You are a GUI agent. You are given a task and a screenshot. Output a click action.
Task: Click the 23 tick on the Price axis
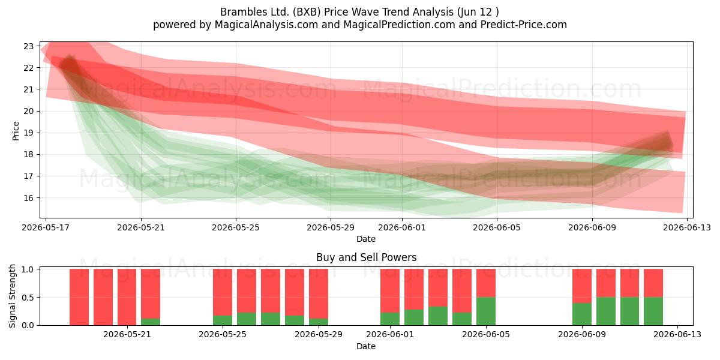point(29,46)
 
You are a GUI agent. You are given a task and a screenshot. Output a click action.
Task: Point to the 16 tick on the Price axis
point(29,197)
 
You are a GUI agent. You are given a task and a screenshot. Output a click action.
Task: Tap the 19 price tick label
point(29,133)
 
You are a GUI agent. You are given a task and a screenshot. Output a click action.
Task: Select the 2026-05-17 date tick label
point(46,227)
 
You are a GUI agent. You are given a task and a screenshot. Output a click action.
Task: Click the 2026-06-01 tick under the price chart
point(402,227)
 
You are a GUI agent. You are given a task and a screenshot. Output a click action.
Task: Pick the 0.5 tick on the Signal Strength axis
point(28,298)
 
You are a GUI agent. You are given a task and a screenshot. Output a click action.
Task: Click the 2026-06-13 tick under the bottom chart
point(677,334)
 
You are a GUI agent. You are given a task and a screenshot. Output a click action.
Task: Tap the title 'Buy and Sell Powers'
point(367,257)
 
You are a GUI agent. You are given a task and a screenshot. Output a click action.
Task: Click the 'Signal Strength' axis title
point(12,296)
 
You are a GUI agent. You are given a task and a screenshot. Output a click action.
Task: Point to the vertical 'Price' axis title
point(16,131)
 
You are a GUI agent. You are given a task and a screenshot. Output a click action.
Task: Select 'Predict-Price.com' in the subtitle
point(524,25)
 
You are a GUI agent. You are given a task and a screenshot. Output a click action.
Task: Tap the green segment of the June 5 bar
point(485,311)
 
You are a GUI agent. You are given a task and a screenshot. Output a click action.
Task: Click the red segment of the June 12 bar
point(653,283)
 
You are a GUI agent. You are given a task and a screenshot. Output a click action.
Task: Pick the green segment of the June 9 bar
point(582,314)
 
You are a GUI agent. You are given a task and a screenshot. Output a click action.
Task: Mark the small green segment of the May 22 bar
point(151,322)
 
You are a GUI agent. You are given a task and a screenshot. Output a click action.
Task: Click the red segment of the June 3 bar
point(438,287)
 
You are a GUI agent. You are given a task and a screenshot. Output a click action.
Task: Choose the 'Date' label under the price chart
point(366,239)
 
